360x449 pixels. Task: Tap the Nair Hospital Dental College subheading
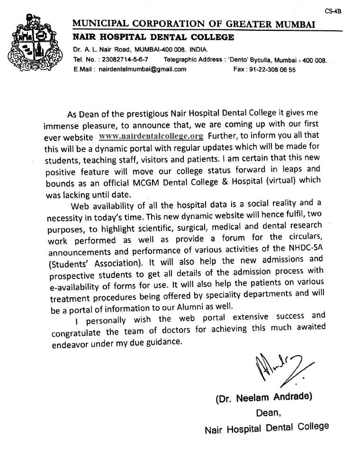153,37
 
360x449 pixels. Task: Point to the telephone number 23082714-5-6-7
125,60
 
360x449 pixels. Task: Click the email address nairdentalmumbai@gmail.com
142,69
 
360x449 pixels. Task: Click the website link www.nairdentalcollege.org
151,136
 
